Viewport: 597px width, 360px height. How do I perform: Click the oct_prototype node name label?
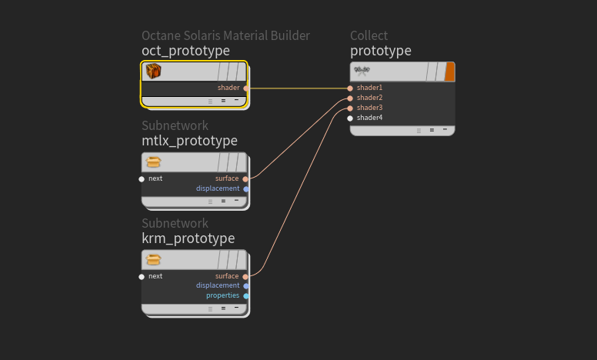pos(185,51)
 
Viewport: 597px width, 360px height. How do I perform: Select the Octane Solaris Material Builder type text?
pos(225,35)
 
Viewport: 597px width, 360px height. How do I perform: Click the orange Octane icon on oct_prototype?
pos(154,72)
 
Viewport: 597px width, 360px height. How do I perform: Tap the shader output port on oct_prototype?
pos(246,88)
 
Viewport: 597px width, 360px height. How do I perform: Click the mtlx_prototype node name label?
pos(189,141)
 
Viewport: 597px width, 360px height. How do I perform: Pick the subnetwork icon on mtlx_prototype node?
pos(154,162)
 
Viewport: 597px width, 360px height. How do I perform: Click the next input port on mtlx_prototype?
pos(142,179)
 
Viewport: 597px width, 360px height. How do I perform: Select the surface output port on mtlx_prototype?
pos(246,179)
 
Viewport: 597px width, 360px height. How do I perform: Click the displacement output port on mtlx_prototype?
pos(246,189)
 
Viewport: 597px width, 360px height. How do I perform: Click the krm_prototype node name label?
pos(188,238)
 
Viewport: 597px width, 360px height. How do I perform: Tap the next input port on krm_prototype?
pos(142,277)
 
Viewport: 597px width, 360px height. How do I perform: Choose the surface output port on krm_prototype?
pos(246,277)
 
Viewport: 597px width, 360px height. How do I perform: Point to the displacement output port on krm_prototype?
pos(246,286)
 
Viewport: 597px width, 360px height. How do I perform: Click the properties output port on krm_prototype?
pos(246,296)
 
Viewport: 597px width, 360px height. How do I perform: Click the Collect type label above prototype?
pos(369,35)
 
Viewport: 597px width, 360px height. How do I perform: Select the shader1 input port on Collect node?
pos(350,88)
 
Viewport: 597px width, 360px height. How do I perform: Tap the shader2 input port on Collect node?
pos(350,98)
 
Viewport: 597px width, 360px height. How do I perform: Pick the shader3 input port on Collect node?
pos(350,108)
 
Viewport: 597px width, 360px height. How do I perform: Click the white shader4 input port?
pos(350,118)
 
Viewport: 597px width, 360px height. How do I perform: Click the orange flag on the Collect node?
pos(450,72)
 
